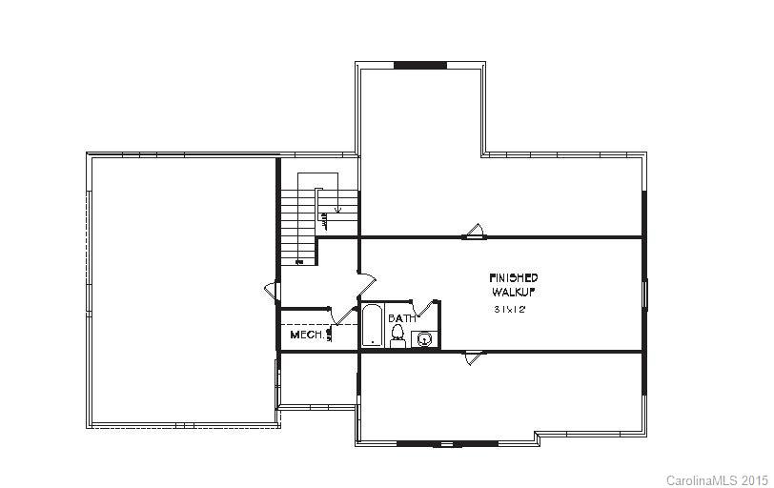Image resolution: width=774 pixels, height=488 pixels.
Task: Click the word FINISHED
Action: click(514, 277)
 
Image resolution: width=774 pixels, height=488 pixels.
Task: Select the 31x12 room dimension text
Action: click(509, 309)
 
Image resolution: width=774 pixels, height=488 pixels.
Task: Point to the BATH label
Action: click(400, 318)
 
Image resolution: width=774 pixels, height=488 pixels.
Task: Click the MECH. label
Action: click(306, 335)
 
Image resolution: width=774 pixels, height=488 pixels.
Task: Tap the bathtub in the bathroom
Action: click(373, 327)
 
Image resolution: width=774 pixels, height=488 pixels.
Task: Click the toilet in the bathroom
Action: click(398, 335)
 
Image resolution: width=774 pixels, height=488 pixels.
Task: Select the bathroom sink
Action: click(424, 337)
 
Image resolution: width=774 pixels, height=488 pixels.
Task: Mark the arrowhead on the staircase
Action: click(338, 208)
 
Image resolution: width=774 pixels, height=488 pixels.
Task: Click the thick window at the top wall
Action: click(419, 66)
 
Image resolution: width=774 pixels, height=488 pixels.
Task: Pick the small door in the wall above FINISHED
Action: click(474, 231)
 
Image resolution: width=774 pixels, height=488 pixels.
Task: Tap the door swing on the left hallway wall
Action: click(272, 291)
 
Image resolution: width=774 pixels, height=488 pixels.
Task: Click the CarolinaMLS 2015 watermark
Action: click(716, 479)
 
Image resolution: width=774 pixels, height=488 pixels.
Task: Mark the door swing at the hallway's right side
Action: click(367, 284)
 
